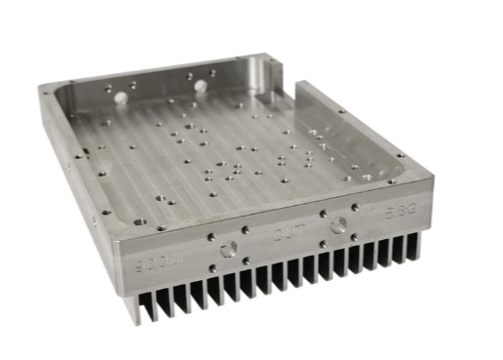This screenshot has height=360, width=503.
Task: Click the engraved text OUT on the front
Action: point(284,234)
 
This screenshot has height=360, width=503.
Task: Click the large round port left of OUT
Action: point(231,248)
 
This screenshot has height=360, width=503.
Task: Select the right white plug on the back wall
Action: point(201,86)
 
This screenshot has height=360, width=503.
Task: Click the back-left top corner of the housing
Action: point(44,88)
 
